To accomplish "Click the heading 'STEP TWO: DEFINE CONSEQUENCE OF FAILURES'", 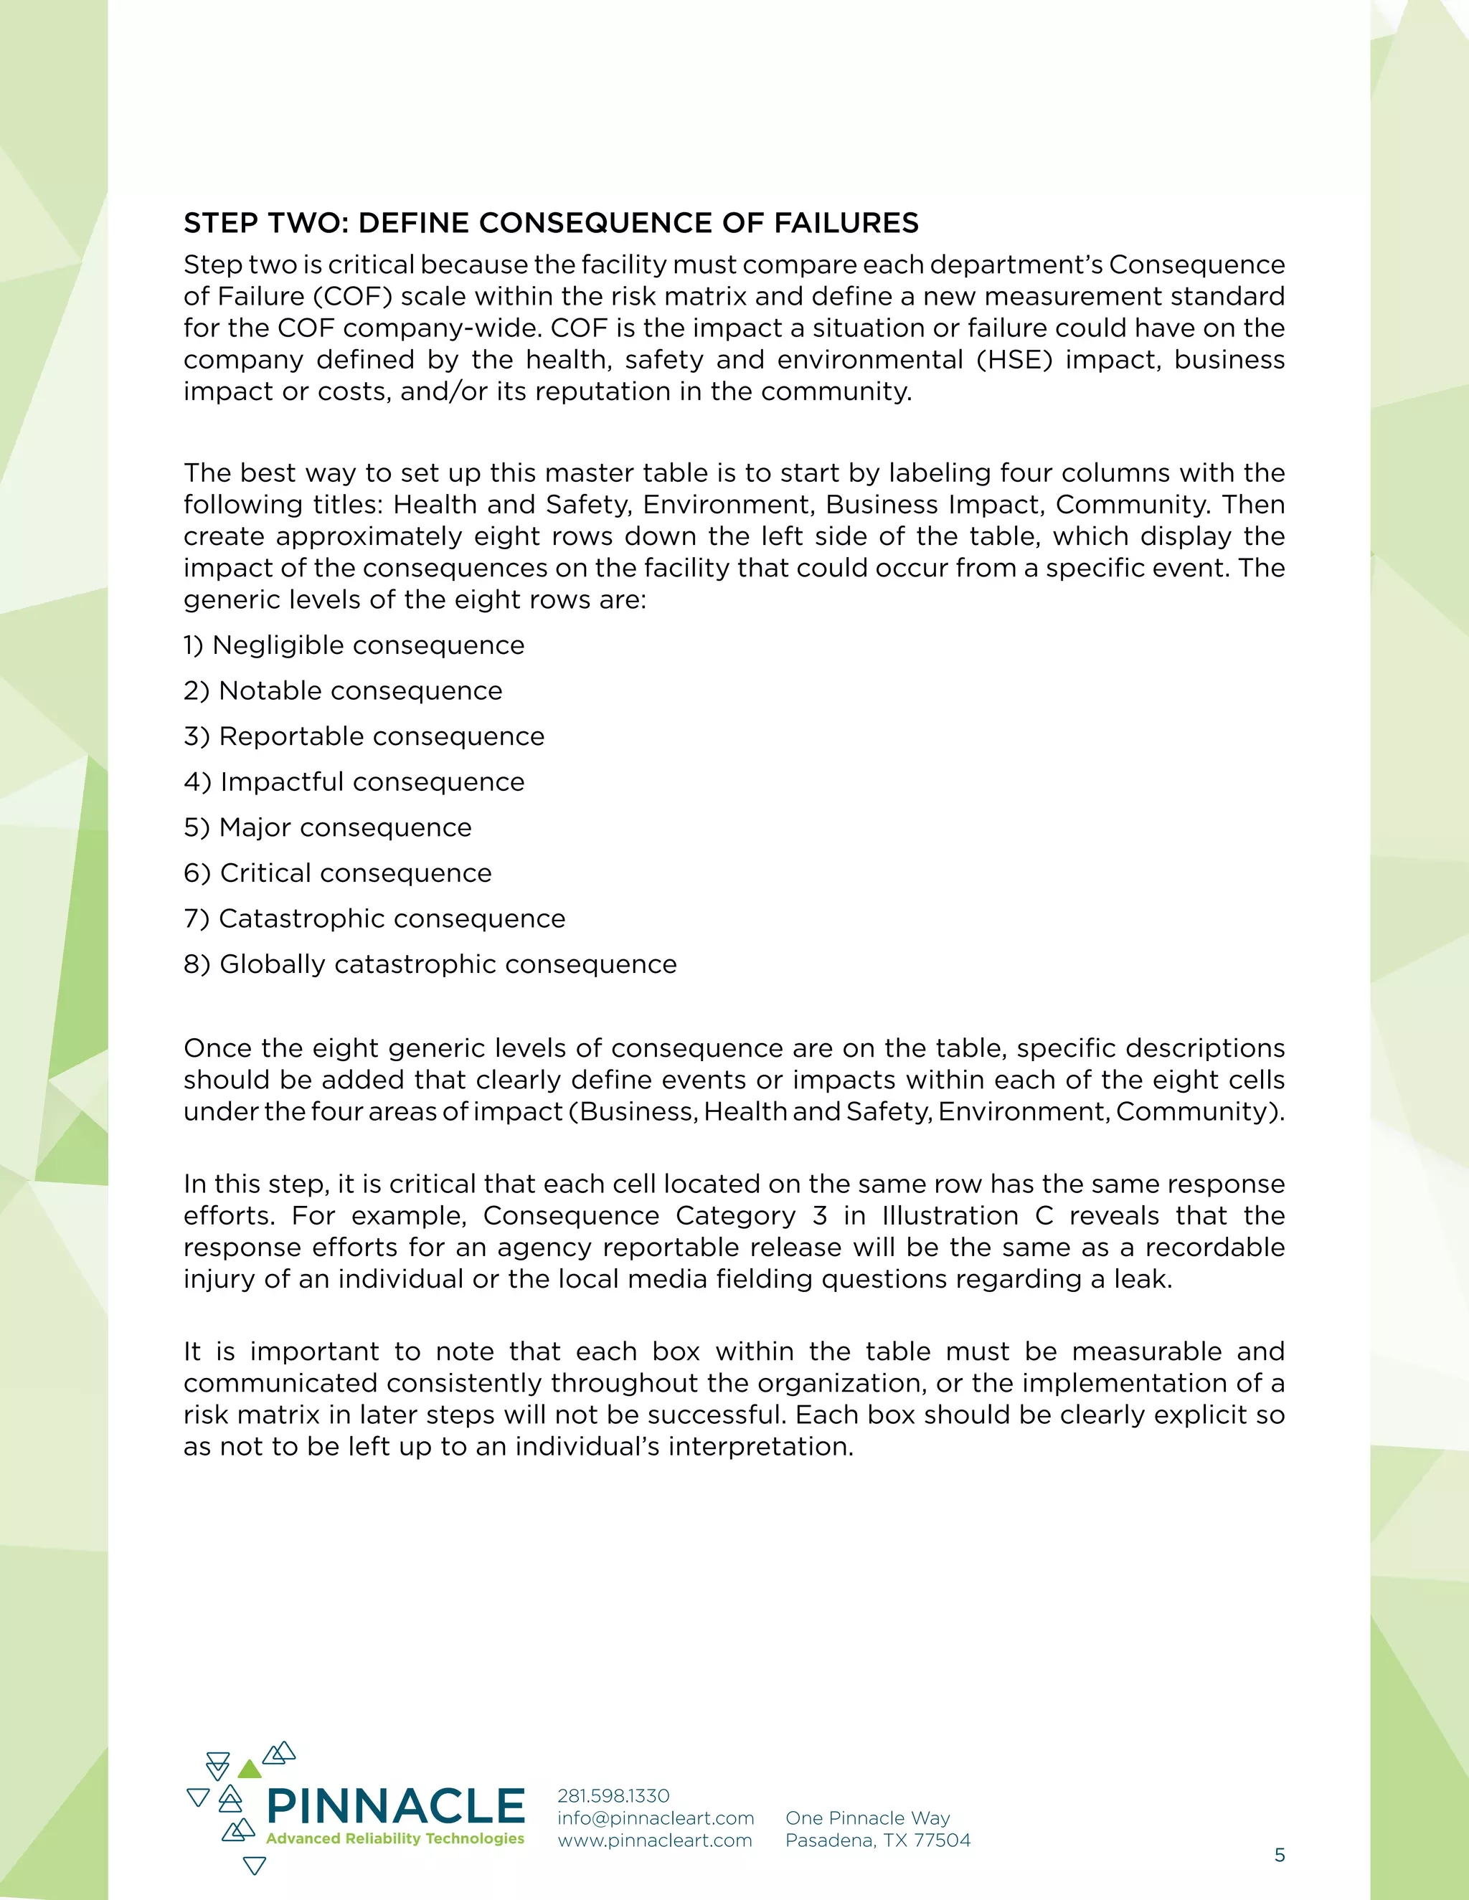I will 550,224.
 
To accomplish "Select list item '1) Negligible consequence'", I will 354,645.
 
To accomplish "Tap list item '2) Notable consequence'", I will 343,690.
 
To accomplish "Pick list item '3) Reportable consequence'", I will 364,737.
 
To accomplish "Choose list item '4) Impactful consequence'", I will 354,782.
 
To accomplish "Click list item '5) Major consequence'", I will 327,827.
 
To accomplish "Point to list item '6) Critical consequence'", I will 338,873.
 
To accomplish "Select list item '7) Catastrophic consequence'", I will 374,918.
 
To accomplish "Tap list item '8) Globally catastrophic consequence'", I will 430,965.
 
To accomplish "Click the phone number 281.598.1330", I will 613,1795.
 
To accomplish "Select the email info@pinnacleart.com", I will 656,1818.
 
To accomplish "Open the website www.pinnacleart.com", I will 654,1840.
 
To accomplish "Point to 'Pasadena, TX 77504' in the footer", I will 877,1840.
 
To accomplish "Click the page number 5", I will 1280,1855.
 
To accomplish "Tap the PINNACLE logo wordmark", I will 396,1807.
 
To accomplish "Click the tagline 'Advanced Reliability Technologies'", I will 395,1838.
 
